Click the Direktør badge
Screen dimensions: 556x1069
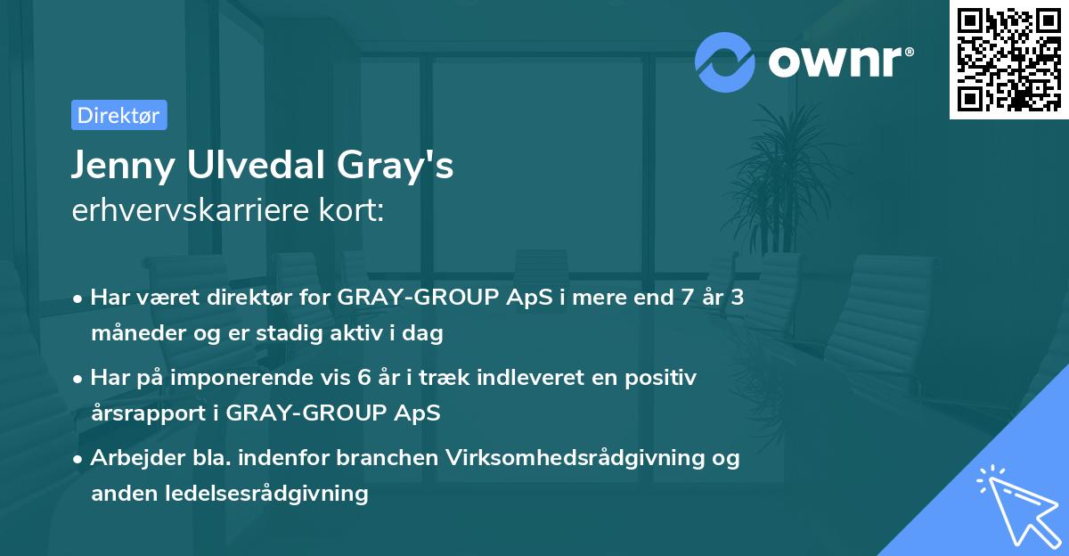pos(118,115)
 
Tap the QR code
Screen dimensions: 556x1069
pos(1008,59)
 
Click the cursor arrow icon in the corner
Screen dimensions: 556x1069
pos(1016,503)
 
